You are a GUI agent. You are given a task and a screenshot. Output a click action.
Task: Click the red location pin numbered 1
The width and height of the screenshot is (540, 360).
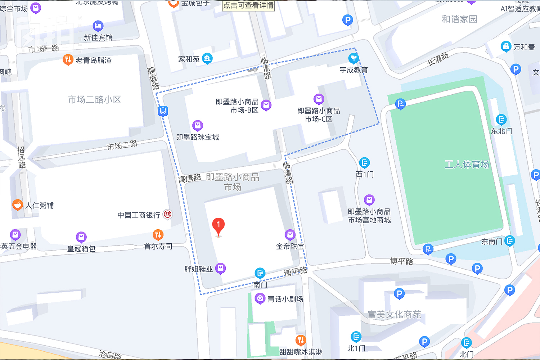(x=218, y=226)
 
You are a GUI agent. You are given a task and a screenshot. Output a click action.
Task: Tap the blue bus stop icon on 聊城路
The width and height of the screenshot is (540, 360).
(x=163, y=111)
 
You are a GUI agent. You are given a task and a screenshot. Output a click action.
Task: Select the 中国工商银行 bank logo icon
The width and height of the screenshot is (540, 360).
(x=167, y=214)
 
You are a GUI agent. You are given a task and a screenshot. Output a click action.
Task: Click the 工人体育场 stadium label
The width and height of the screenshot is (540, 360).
(x=467, y=165)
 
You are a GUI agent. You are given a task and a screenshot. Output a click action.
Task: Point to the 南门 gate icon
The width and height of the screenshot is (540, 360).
(x=260, y=273)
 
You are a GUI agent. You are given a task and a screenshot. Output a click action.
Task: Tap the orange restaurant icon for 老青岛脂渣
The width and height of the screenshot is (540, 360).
(x=68, y=60)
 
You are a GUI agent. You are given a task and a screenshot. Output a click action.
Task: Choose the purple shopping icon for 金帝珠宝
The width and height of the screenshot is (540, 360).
(x=290, y=235)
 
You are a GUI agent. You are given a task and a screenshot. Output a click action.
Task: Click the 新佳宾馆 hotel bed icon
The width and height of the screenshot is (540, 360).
(x=98, y=26)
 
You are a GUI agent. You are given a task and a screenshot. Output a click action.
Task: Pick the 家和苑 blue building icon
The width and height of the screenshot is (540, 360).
(x=207, y=58)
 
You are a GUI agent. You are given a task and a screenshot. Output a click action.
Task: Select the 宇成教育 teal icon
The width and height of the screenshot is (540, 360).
(x=354, y=58)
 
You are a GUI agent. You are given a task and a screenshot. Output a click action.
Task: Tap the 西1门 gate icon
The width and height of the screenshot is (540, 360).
(x=364, y=163)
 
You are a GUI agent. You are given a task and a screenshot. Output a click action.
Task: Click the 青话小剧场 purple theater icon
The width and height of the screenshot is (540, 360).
(x=260, y=298)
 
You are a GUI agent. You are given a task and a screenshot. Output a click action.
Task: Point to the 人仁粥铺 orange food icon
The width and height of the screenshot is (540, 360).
(x=17, y=205)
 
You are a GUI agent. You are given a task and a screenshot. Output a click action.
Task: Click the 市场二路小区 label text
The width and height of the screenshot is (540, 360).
(x=94, y=99)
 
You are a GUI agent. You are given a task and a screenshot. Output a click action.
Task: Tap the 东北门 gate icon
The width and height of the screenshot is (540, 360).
(x=501, y=119)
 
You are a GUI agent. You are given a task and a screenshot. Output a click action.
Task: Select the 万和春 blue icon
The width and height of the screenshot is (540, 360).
(x=506, y=46)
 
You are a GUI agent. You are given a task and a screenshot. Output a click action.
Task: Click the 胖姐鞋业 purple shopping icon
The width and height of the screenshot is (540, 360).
(x=220, y=268)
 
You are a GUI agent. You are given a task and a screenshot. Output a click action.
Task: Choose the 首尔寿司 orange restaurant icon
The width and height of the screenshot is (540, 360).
(x=158, y=235)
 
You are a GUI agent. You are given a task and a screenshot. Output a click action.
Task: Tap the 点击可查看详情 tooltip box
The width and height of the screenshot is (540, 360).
(x=248, y=5)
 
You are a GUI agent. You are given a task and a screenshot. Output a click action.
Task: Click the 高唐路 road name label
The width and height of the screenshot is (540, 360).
(x=190, y=178)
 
